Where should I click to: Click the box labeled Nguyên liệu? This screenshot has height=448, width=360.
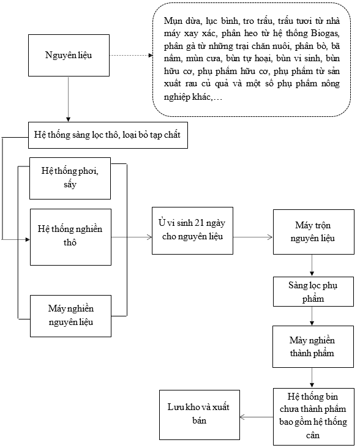click(69, 56)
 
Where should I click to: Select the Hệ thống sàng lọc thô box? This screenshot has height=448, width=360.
click(108, 135)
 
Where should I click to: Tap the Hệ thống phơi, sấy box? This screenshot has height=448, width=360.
click(70, 178)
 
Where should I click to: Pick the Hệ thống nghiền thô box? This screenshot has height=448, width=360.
click(70, 237)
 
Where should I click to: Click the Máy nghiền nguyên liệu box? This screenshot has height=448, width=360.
click(70, 316)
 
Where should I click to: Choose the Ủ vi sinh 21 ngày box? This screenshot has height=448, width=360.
click(192, 231)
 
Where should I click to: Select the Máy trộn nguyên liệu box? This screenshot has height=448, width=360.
click(313, 232)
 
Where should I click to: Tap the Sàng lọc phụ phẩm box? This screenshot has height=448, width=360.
click(313, 291)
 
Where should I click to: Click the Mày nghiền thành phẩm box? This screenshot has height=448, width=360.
click(313, 346)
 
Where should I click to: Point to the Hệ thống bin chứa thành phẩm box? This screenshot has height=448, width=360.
click(313, 417)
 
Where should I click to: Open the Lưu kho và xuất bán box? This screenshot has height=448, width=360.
click(200, 415)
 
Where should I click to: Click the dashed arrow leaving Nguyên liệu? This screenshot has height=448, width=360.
click(131, 56)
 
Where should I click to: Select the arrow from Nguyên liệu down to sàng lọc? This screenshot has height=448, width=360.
click(69, 99)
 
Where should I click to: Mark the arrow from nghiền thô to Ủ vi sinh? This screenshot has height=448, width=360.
click(132, 237)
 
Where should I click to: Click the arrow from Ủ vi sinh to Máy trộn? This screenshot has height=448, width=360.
click(253, 237)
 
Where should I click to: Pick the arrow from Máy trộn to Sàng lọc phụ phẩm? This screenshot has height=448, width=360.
click(312, 266)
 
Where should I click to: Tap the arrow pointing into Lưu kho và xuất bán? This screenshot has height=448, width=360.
click(257, 417)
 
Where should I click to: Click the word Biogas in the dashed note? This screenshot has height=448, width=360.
click(325, 34)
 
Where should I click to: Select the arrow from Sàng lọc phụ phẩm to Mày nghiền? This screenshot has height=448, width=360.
click(312, 316)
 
